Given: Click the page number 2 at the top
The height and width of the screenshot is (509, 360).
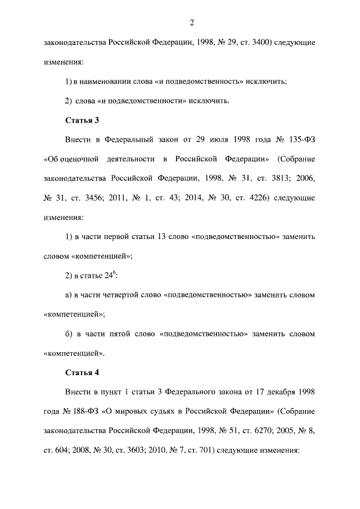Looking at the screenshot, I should coord(192,22).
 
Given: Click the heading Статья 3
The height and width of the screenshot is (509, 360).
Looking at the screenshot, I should coord(83,119).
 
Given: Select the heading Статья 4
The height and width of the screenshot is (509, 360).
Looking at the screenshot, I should coord(83,372).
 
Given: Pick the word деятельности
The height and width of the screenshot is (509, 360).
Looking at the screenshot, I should coord(123,159).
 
